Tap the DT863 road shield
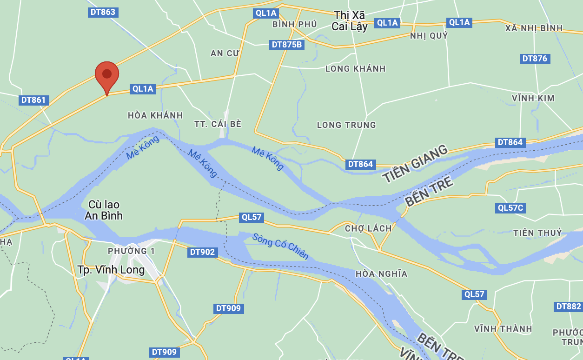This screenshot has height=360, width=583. pos(103,12)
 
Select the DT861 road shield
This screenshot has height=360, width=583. pos(34,100)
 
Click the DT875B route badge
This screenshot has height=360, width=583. pos(287,45)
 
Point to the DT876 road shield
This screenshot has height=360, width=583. pos(535,59)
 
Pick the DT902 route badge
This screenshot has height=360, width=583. pos(203,252)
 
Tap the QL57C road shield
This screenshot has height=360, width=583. pos(510,208)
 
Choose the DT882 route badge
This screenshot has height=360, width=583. pos(568,307)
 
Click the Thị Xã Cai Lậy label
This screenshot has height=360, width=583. pos(350,21)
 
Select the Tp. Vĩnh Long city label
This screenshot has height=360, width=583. pos(111,270)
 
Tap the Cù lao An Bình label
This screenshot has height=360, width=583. pos(104,210)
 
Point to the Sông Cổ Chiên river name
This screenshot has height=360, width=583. pos(280,246)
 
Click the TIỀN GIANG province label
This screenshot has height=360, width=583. pos(415,163)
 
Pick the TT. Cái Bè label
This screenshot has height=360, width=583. pos(218,124)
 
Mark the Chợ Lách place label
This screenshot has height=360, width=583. pos(368,228)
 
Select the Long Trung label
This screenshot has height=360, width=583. pos(346,125)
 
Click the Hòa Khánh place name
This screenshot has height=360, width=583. pos(155,115)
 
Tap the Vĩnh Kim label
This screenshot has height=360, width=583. pos(533,98)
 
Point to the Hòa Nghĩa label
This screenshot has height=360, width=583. pos(381,273)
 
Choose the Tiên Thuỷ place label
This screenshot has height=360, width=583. pos(538,233)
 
